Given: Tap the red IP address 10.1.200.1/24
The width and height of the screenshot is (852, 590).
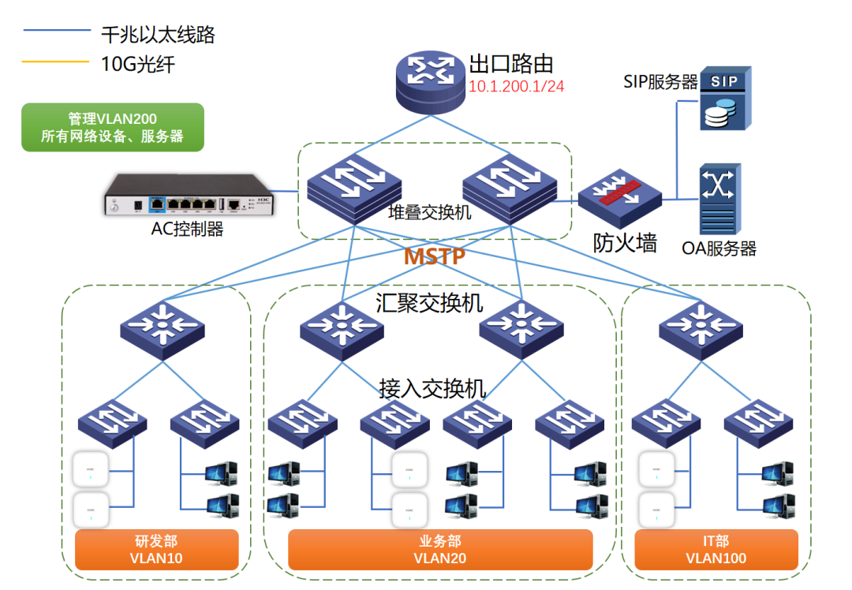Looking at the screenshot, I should tap(517, 86).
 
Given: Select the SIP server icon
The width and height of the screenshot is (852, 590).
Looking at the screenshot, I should tap(725, 99).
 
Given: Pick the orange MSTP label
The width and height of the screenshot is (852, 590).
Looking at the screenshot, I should tap(434, 257).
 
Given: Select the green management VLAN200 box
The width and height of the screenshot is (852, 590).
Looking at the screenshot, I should tap(112, 127).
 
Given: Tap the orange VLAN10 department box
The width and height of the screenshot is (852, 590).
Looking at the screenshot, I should tap(156, 550).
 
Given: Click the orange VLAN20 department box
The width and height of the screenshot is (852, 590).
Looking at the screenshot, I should tap(439, 550).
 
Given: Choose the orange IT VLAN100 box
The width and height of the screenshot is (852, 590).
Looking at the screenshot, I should tap(716, 550).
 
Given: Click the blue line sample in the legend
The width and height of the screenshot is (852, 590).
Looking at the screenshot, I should tap(57, 30).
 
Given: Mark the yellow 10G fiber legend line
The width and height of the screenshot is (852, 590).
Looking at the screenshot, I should tap(57, 62).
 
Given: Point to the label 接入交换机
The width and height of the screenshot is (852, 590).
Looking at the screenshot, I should tap(432, 388).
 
